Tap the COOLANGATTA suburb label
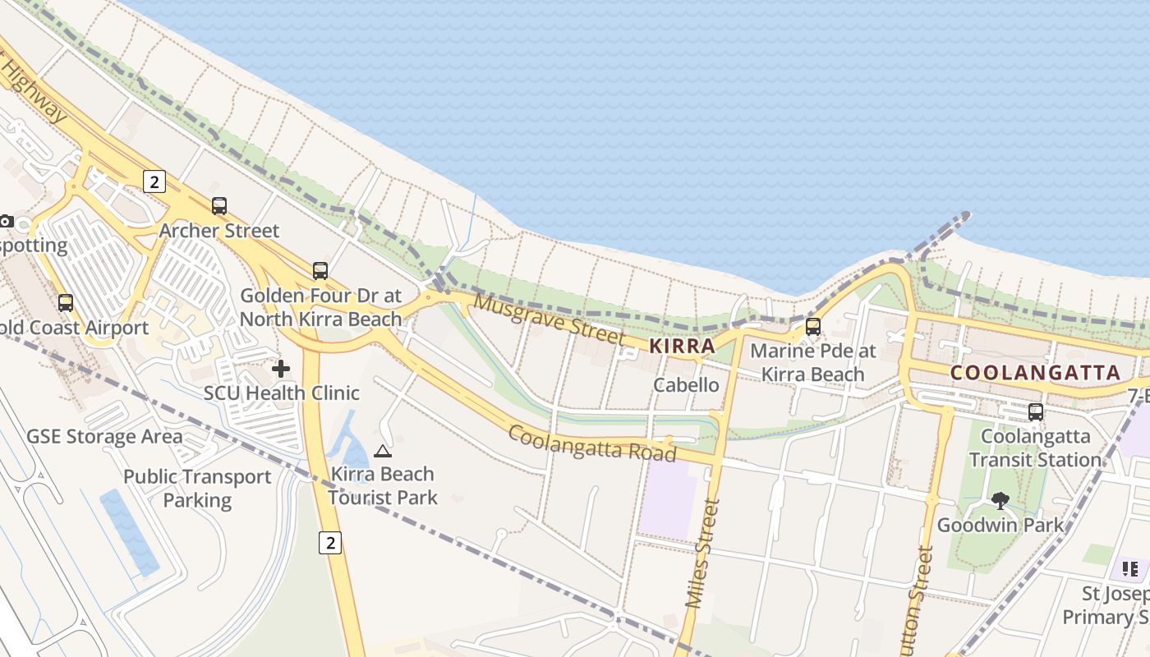[x=1035, y=373]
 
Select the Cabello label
[x=686, y=384]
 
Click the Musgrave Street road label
[x=550, y=319]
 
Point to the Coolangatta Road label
[x=591, y=443]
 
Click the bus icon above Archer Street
[x=219, y=206]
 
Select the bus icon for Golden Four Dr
[x=320, y=270]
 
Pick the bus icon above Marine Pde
[x=813, y=326]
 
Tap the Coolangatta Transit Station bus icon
[x=1036, y=411]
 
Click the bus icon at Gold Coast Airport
[x=66, y=303]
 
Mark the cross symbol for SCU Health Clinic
[x=281, y=369]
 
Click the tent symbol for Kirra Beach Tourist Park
[x=382, y=451]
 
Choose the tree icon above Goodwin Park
[x=1000, y=500]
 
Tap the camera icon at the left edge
[x=6, y=221]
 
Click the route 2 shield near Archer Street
[x=154, y=181]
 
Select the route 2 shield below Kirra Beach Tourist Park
[x=330, y=542]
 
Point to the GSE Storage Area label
[x=104, y=436]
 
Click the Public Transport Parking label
[x=197, y=488]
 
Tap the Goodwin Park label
[x=1000, y=525]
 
